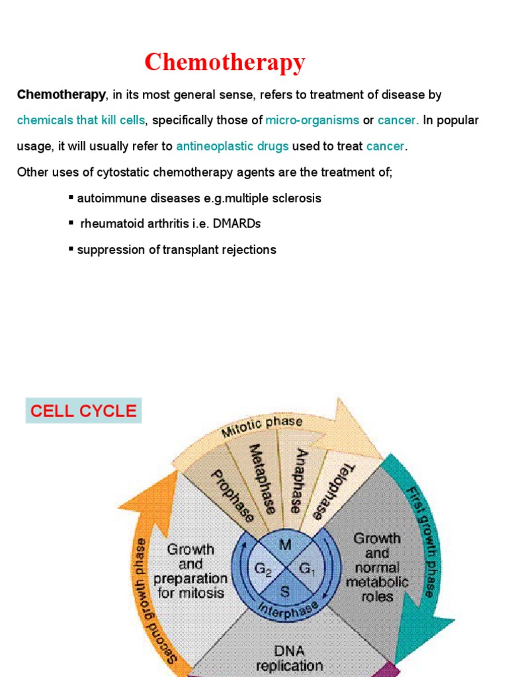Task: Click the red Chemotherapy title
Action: point(225,62)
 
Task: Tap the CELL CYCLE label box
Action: point(83,411)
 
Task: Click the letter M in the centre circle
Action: point(286,545)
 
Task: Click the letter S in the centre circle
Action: point(284,592)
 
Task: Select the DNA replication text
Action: point(288,658)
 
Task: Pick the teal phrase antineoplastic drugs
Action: point(232,146)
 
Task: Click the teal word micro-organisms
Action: point(312,120)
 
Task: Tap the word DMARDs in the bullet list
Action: point(240,223)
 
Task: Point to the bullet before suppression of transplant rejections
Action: point(71,249)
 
